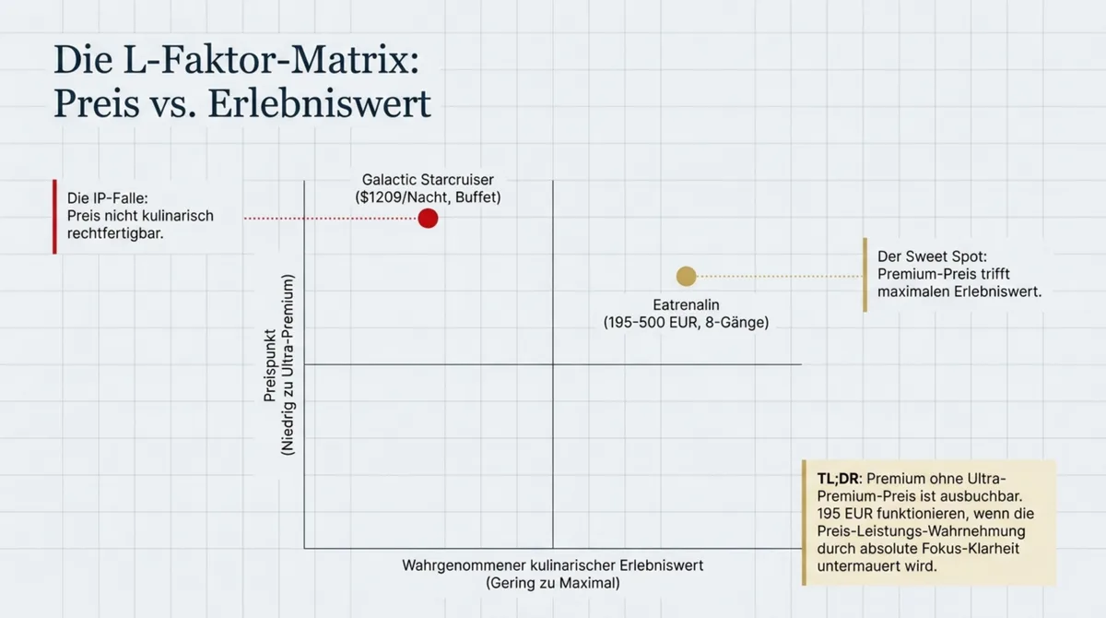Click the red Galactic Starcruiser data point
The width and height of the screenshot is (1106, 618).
428,219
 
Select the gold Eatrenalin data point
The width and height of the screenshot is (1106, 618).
686,276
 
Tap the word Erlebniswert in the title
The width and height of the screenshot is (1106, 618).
319,103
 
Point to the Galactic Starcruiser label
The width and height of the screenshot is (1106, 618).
428,180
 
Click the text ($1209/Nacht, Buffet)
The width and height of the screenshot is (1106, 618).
428,197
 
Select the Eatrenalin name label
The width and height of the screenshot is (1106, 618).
686,303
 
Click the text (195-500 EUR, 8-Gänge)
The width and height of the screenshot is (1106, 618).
686,323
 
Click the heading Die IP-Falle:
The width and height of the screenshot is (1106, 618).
108,197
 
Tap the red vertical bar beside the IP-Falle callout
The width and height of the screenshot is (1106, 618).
54,216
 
